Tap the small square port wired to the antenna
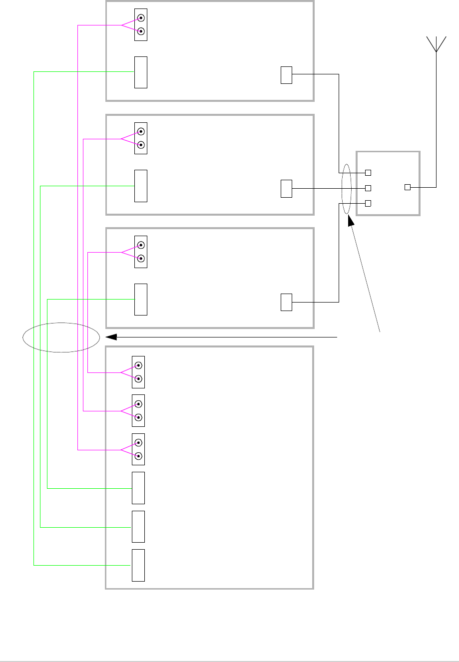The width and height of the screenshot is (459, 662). pyautogui.click(x=407, y=187)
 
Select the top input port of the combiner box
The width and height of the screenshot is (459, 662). pyautogui.click(x=368, y=173)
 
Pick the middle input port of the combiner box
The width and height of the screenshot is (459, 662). pyautogui.click(x=368, y=188)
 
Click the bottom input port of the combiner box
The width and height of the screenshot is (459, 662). pyautogui.click(x=368, y=203)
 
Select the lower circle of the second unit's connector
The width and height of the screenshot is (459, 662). pyautogui.click(x=141, y=145)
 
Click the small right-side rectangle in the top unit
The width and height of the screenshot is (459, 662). pyautogui.click(x=286, y=75)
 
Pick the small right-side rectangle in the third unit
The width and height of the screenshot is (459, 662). pyautogui.click(x=286, y=303)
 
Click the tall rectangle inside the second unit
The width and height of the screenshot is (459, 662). pyautogui.click(x=141, y=186)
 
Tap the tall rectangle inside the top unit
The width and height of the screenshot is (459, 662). pyautogui.click(x=141, y=72)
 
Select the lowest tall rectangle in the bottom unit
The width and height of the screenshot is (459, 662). pyautogui.click(x=138, y=565)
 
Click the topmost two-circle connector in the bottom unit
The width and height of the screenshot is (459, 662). pyautogui.click(x=138, y=372)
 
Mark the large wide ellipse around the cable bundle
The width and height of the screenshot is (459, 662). pyautogui.click(x=61, y=337)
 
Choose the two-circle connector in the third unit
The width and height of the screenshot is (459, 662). pyautogui.click(x=141, y=252)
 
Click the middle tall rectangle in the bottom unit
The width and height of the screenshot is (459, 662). pyautogui.click(x=138, y=527)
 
